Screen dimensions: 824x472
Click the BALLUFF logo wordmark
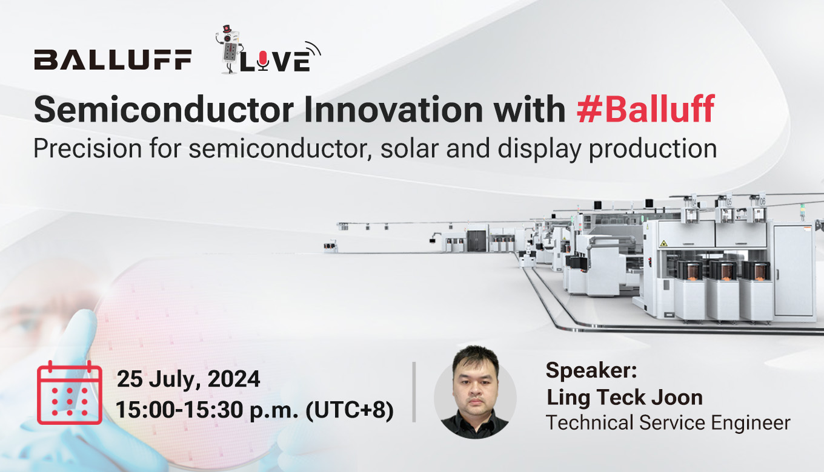coord(113,59)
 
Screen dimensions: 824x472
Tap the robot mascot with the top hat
coord(229,50)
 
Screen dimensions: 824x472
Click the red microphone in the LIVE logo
coord(263,61)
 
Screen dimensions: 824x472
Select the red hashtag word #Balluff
coord(646,109)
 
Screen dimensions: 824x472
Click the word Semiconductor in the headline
coord(164,110)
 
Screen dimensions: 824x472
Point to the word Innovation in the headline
coord(393,110)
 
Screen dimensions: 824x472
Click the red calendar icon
coord(70,393)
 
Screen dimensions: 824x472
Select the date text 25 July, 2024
coord(188,379)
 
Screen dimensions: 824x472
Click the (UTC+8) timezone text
coord(350,410)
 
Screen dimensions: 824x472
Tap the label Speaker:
coord(591,370)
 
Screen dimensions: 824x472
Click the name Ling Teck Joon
coord(624,398)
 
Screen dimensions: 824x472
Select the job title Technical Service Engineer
coord(668,423)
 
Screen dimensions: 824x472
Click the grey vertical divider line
coord(414,392)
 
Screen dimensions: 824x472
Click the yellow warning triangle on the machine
coord(663,243)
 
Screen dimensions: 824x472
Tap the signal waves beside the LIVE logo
coord(313,49)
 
